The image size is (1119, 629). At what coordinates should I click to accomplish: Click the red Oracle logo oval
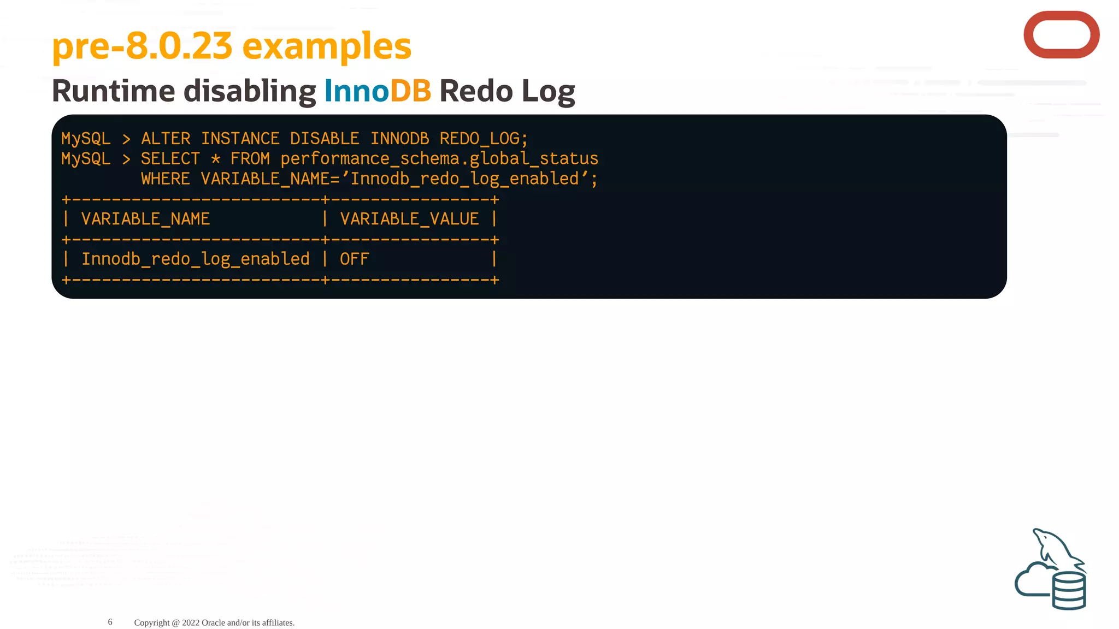(x=1061, y=35)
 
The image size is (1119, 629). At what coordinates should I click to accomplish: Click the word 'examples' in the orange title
(x=326, y=46)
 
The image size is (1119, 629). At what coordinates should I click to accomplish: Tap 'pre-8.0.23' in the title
(x=142, y=46)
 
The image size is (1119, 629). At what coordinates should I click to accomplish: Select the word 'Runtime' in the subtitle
(x=113, y=91)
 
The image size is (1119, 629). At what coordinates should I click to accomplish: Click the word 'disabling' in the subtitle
(x=250, y=91)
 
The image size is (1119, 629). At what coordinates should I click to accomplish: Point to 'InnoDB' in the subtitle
(x=378, y=91)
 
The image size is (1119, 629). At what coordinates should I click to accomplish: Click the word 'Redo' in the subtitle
(x=476, y=91)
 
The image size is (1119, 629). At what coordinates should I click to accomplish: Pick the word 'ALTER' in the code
(x=166, y=139)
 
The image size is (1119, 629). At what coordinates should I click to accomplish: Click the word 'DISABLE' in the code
(x=325, y=139)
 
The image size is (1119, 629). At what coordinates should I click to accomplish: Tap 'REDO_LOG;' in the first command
(x=484, y=139)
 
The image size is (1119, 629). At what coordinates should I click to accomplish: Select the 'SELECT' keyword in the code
(x=170, y=159)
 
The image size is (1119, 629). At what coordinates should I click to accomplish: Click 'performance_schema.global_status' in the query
(x=439, y=159)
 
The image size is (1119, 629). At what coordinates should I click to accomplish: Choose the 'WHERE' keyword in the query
(x=166, y=179)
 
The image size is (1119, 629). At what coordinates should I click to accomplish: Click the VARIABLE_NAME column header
(x=145, y=219)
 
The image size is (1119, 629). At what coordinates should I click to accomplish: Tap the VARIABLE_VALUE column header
(x=409, y=219)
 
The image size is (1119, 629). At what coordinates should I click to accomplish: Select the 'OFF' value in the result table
(x=355, y=259)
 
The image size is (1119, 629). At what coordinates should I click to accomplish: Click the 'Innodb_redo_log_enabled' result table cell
(x=196, y=259)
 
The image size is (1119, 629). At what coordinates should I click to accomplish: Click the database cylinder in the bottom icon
(x=1069, y=591)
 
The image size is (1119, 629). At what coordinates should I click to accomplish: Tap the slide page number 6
(x=110, y=622)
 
